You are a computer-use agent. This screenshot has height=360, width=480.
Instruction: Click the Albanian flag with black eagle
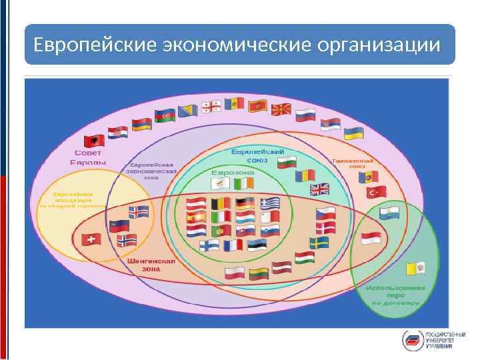coord(93,140)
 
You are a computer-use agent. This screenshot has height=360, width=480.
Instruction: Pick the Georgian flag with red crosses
coord(214,107)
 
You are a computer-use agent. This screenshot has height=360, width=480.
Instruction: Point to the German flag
coord(245,203)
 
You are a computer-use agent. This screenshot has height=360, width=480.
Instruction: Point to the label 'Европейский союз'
coord(253,156)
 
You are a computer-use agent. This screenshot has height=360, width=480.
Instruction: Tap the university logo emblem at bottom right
coord(412,339)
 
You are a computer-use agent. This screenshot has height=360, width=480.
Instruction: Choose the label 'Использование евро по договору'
coord(393,295)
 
